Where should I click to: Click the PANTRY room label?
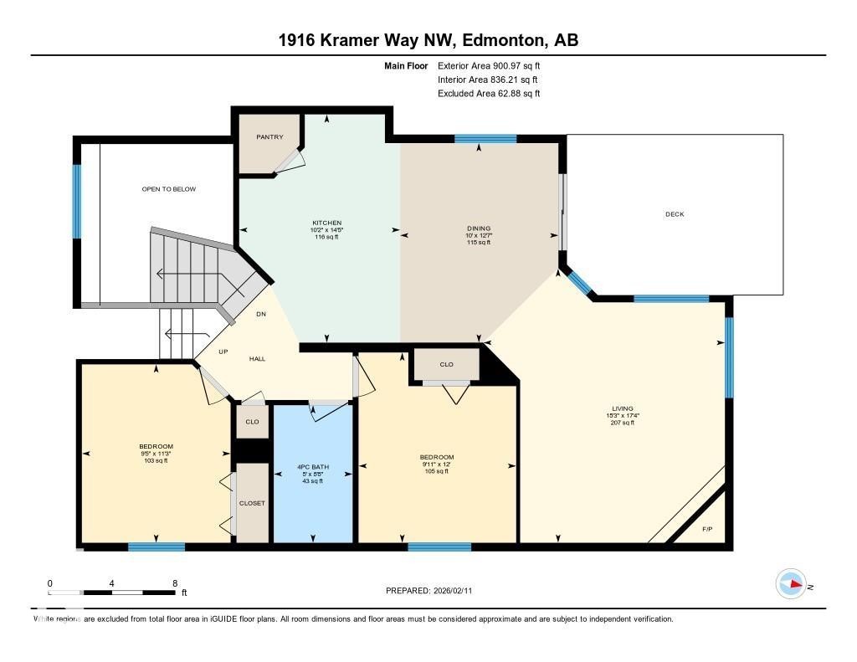point(269,136)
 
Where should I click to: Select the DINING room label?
point(479,228)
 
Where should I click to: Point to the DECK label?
point(675,214)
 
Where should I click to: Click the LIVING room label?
point(622,408)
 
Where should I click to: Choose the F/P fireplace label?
point(707,529)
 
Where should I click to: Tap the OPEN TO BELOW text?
point(169,189)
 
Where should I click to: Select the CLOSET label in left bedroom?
point(252,503)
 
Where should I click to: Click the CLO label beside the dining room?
point(446,365)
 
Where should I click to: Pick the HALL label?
point(257,358)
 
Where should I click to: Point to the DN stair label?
point(261,315)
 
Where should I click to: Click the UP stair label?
point(223,352)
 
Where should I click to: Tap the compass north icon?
point(791,583)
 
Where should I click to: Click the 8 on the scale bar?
point(174,583)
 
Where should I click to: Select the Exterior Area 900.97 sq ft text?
point(495,65)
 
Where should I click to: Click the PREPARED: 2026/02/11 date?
point(434,591)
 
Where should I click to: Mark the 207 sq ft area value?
point(622,423)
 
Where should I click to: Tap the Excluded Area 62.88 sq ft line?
point(489,94)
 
